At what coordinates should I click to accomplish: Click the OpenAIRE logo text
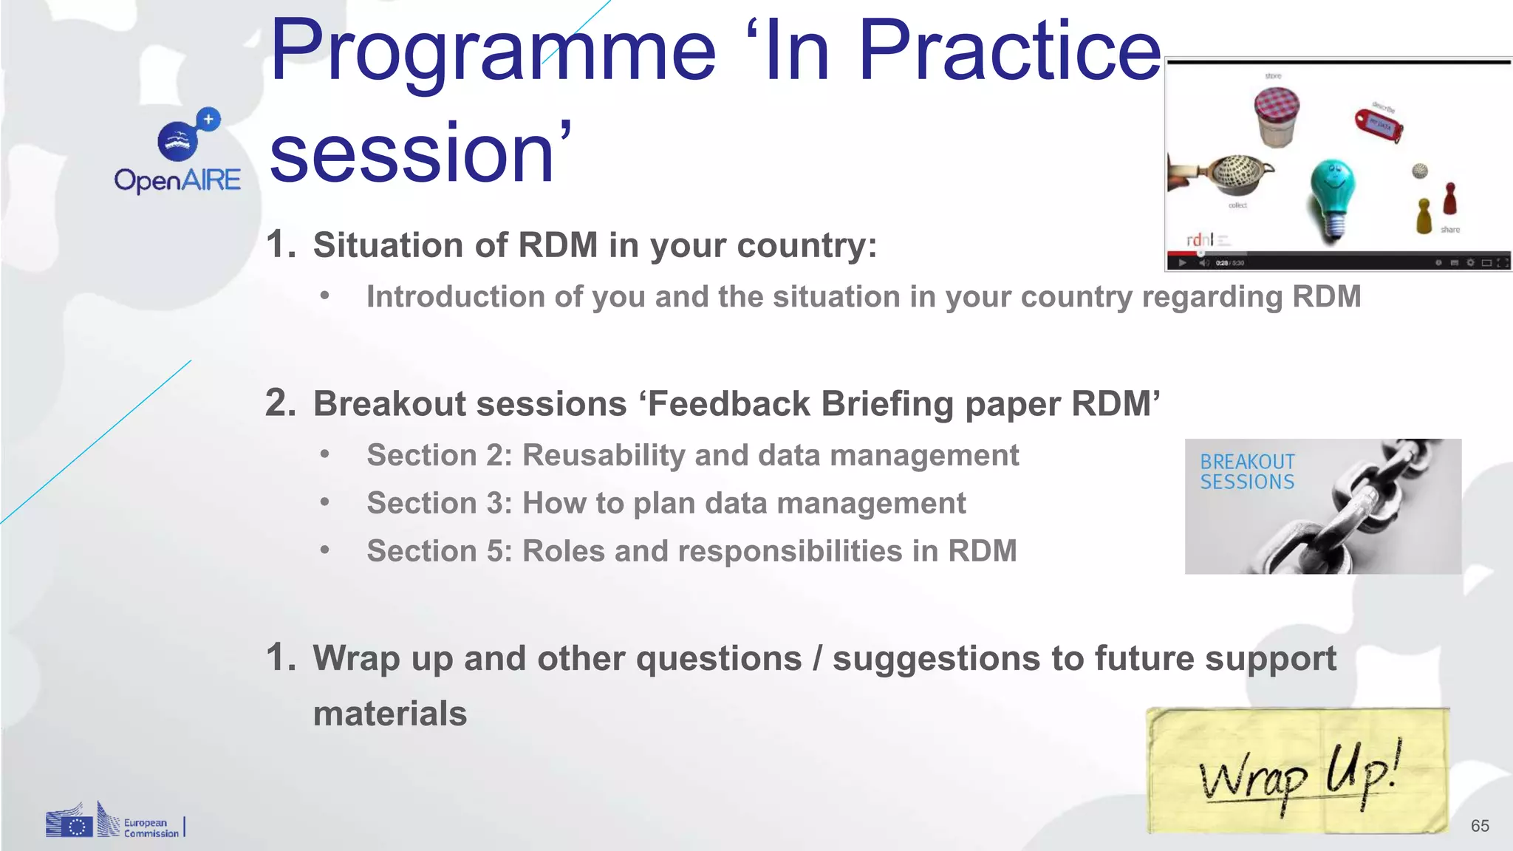177,180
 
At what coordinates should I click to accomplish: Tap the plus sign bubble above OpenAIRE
208,119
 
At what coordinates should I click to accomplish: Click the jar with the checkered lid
1276,116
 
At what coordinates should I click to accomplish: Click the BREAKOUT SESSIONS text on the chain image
1247,472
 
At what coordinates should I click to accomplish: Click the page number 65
1480,826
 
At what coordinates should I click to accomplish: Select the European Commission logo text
151,828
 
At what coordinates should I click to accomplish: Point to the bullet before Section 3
324,502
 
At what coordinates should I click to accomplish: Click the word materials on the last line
389,714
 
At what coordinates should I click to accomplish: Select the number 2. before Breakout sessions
280,403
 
